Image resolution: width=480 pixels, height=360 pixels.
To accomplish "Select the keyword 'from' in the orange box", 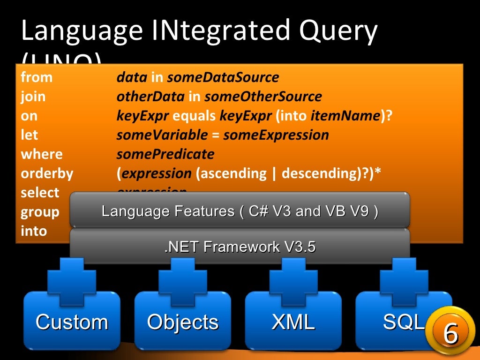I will click(37, 77).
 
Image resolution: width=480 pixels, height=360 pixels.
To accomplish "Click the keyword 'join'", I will click(33, 97).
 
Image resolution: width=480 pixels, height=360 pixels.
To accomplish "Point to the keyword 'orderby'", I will click(47, 173).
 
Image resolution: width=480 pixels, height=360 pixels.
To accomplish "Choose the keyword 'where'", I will click(41, 154).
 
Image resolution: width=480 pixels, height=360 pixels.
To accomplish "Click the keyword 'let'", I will click(29, 135).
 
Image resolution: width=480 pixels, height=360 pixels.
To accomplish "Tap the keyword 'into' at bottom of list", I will click(34, 231).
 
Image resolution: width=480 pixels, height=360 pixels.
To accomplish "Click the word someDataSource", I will click(223, 77).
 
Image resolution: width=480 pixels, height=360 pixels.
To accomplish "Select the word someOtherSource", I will click(263, 97).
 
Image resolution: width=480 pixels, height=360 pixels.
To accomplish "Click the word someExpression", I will click(276, 135).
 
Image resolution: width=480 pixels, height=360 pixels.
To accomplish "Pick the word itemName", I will click(345, 116).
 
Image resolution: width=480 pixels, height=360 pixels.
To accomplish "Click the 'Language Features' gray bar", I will click(240, 211).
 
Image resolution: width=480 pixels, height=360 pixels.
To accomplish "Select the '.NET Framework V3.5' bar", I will click(240, 246).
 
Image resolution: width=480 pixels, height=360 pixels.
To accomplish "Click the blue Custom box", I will click(72, 322).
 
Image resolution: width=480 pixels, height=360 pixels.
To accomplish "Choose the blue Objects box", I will click(182, 322).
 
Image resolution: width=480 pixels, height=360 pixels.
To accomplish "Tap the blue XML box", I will click(293, 322).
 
